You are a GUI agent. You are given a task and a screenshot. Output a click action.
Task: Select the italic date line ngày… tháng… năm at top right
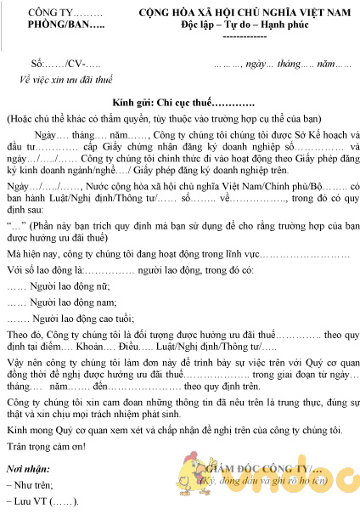tap(280, 65)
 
